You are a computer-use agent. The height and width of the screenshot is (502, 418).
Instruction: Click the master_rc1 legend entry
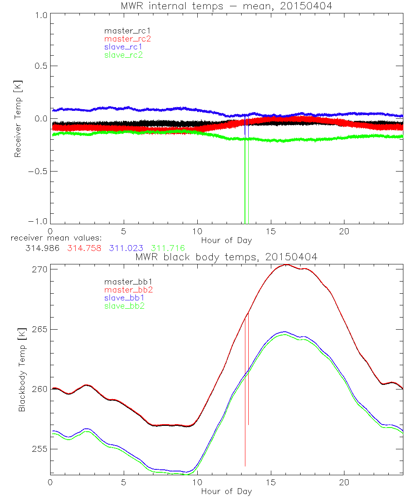[x=123, y=31]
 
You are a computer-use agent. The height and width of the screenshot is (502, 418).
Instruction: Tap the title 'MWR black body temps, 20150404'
[x=227, y=257]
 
